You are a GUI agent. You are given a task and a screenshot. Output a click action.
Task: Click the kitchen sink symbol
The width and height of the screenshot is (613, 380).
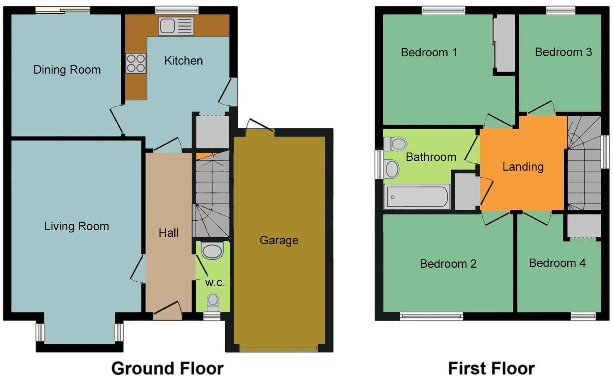click(176, 26)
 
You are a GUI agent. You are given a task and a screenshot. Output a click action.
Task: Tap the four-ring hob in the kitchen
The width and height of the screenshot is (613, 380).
click(136, 63)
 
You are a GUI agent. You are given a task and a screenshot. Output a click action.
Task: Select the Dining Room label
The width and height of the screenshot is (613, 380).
click(67, 70)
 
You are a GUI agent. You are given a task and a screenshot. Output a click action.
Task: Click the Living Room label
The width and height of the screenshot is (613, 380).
click(76, 226)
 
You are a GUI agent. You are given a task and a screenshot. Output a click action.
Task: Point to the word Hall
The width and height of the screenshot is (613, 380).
click(168, 233)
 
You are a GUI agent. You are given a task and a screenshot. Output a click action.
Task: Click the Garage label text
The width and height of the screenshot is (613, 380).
click(279, 240)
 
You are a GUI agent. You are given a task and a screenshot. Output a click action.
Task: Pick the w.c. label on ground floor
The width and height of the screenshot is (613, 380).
click(215, 283)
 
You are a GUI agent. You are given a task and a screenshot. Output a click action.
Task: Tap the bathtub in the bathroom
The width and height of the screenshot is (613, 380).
click(417, 197)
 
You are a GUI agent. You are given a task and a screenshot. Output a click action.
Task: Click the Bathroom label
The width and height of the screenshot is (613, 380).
click(431, 157)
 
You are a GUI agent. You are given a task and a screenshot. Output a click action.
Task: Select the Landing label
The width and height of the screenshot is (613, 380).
click(523, 167)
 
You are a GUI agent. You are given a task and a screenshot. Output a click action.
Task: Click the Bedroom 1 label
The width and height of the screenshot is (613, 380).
click(429, 52)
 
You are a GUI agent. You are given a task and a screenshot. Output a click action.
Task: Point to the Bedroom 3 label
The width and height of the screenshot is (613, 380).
click(563, 52)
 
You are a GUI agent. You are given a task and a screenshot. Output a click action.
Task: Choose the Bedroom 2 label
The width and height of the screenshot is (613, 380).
click(448, 264)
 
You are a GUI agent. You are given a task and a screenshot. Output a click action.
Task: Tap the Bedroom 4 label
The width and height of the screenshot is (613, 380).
click(557, 263)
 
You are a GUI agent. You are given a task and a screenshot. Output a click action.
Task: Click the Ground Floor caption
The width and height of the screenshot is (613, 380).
click(167, 368)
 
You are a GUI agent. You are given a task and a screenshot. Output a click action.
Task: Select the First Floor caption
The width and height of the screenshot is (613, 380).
click(491, 368)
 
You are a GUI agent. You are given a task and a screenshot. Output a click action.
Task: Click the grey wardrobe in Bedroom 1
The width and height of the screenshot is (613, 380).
click(504, 43)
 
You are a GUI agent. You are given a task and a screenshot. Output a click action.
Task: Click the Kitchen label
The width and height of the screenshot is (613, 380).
click(183, 61)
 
